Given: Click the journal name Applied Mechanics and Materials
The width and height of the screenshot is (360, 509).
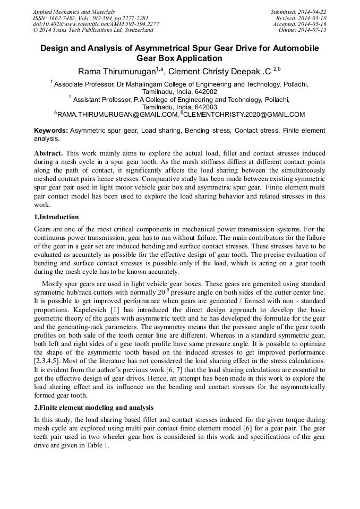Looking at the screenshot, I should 74,11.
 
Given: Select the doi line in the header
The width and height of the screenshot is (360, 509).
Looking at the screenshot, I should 96,24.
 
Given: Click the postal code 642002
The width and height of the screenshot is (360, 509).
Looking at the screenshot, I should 206,91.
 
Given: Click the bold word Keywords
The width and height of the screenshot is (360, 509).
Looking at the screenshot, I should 51,131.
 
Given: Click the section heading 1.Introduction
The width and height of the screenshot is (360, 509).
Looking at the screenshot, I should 56,217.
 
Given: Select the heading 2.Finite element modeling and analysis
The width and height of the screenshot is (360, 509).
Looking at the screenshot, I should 93,408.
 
